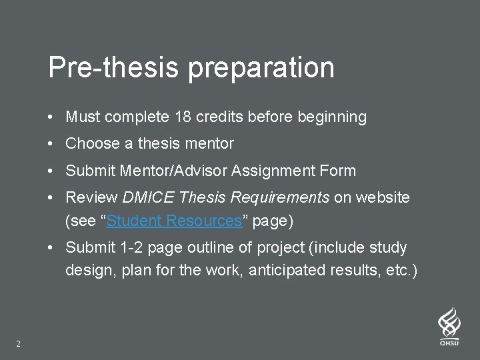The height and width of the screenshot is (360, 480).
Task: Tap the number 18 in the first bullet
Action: click(x=183, y=117)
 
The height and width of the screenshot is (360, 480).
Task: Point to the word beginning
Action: click(x=331, y=118)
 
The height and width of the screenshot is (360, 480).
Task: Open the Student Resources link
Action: click(x=173, y=221)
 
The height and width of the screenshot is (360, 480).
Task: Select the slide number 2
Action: click(x=18, y=344)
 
